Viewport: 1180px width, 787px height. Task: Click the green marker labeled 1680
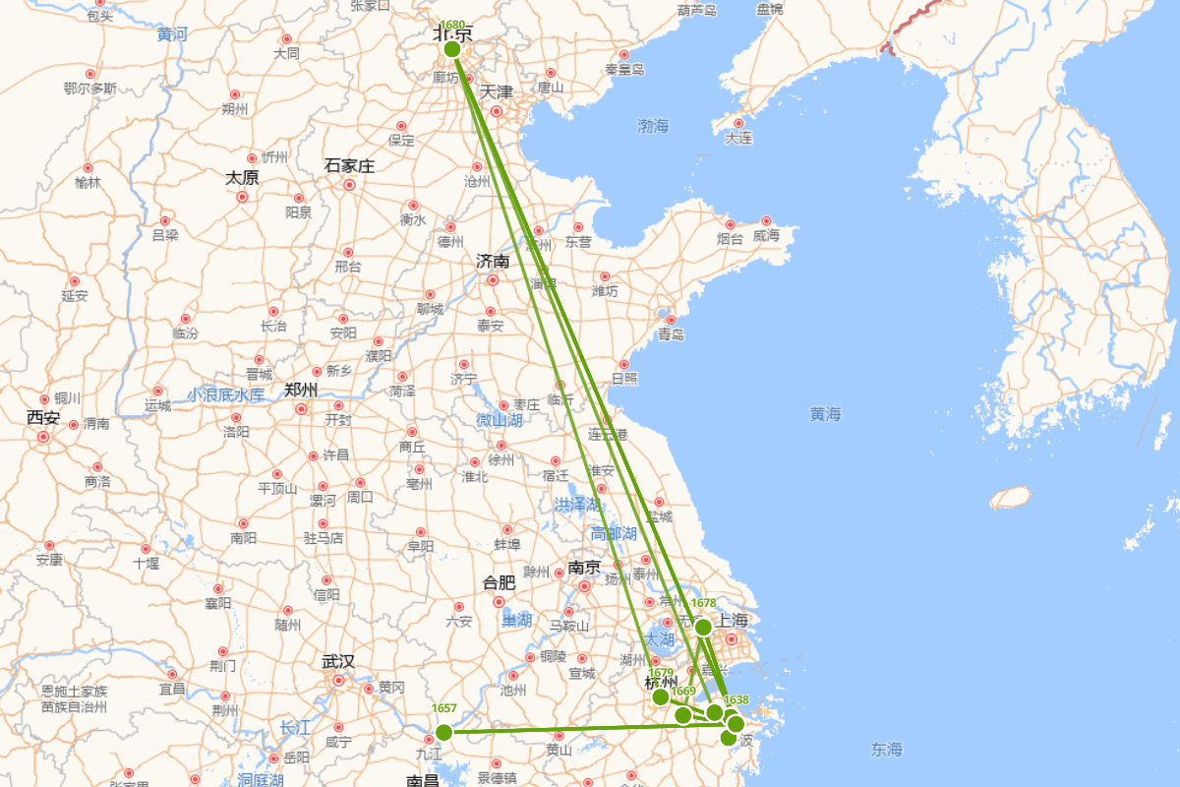point(452,48)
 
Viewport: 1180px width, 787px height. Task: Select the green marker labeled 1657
point(443,732)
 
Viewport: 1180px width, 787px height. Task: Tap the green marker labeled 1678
point(703,627)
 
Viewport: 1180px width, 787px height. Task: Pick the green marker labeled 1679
point(662,697)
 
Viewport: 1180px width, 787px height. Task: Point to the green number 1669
point(683,691)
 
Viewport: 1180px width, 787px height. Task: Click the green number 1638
point(737,700)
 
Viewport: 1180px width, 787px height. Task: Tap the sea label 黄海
point(826,414)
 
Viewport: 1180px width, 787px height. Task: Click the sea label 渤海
point(653,126)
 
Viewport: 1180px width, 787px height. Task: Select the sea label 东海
point(886,750)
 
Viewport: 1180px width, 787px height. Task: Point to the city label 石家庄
point(349,166)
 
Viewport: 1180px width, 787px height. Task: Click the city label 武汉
point(337,661)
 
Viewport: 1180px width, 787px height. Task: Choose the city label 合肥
point(499,582)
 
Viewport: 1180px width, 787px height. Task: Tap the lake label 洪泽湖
point(577,505)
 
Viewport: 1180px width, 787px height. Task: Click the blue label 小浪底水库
point(226,394)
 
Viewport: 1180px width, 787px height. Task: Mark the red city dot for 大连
point(738,124)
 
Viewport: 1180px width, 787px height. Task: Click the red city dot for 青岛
point(671,319)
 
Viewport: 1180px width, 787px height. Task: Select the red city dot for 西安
point(43,436)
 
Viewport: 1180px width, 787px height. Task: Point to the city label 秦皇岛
point(624,70)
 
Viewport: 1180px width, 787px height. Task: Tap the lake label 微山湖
point(499,420)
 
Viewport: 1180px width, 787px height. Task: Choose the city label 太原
point(242,178)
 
